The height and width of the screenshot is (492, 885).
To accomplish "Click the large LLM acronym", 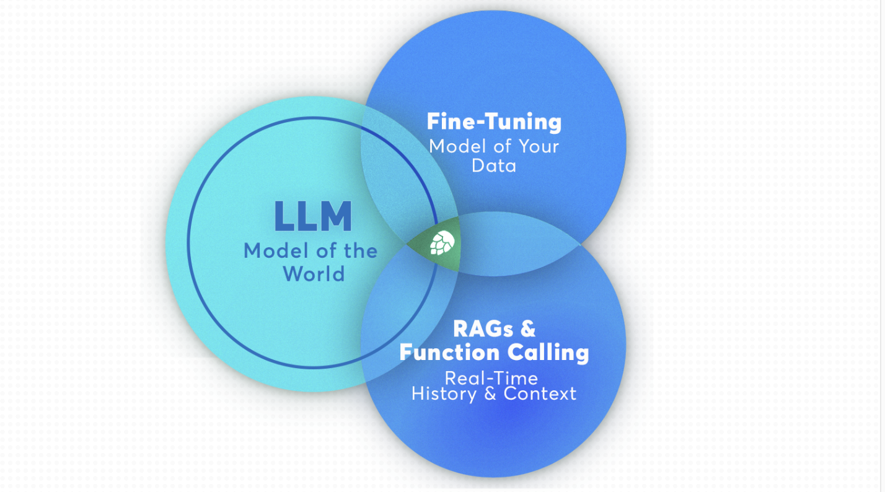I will tap(313, 216).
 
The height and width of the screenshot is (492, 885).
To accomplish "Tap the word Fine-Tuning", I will tap(494, 121).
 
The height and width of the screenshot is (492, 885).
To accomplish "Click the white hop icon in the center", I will tap(442, 242).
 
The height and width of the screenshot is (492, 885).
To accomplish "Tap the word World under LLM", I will tap(314, 273).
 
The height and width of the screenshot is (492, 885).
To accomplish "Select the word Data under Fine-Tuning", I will tap(494, 166).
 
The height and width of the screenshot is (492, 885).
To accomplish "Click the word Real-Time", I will tap(491, 377).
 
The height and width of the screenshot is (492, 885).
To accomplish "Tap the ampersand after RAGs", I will tap(529, 328).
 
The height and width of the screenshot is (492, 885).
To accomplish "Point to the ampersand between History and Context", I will tap(490, 394).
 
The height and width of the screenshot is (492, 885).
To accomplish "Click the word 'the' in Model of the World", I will tap(358, 251).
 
